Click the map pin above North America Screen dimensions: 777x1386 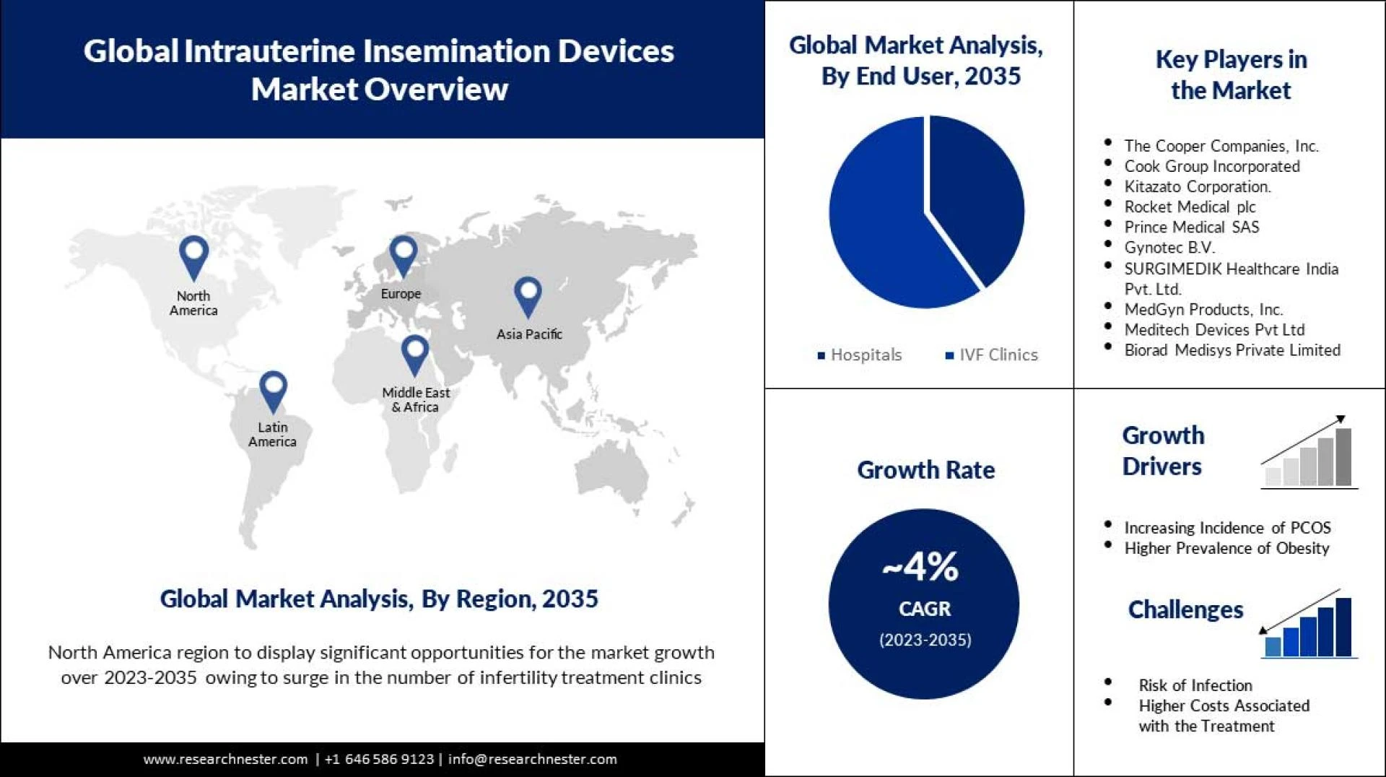tap(193, 256)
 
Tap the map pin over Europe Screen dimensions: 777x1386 tap(403, 255)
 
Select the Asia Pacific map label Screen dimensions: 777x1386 tap(528, 334)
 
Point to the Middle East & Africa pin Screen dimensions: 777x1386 tap(415, 355)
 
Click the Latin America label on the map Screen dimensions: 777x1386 tap(272, 434)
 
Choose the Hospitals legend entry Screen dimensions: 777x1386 tap(860, 355)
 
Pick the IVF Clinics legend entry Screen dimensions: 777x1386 tap(992, 355)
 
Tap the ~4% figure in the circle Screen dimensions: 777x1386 tap(922, 567)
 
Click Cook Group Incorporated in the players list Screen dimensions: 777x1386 tap(1211, 166)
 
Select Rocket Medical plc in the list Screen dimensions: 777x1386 tap(1190, 207)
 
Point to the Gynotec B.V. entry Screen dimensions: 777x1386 tap(1169, 248)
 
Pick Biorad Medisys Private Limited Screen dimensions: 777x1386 tap(1232, 350)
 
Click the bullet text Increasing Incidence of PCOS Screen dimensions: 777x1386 tap(1227, 528)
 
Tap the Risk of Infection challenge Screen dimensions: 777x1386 tap(1195, 685)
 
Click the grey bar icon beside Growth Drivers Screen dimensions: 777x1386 tap(1308, 455)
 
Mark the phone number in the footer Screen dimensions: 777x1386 tap(380, 760)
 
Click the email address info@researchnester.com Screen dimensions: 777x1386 tap(532, 760)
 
